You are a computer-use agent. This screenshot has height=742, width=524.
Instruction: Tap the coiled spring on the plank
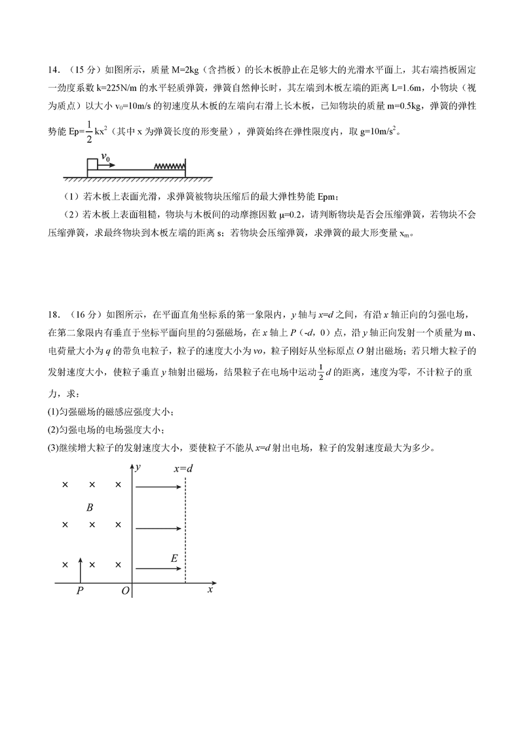pyautogui.click(x=169, y=166)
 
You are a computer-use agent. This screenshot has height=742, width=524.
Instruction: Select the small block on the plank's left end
pyautogui.click(x=92, y=164)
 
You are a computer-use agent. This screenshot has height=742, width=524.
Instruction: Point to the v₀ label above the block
pyautogui.click(x=105, y=157)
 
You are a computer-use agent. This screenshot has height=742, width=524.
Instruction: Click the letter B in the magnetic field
pyautogui.click(x=90, y=507)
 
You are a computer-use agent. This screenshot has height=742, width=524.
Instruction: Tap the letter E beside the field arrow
pyautogui.click(x=174, y=559)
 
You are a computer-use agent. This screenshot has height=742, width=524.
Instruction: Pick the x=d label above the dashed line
pyautogui.click(x=183, y=469)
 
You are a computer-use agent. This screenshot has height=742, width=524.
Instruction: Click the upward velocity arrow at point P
pyautogui.click(x=80, y=568)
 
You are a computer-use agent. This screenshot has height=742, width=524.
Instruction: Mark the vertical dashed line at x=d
pyautogui.click(x=186, y=530)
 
